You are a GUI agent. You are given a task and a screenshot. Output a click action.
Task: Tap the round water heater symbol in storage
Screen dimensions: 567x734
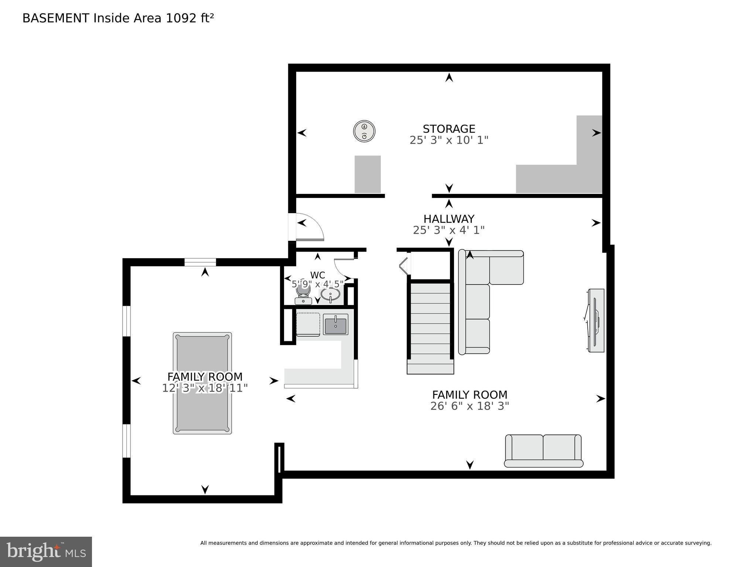(x=364, y=131)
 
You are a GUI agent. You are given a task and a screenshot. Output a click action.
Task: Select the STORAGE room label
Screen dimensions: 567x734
(x=449, y=129)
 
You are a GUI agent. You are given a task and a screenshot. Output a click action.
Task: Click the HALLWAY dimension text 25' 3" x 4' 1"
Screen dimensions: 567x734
(x=448, y=230)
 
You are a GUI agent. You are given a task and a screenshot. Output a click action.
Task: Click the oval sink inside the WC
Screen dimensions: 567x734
(x=330, y=295)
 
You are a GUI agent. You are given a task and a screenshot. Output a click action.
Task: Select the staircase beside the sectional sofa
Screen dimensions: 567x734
(x=430, y=327)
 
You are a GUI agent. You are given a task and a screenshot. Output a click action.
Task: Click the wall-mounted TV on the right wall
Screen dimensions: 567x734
(x=595, y=320)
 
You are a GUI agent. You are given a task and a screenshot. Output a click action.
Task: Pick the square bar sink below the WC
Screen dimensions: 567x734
(x=335, y=324)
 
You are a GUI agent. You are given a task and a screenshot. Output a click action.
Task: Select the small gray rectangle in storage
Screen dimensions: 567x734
(x=368, y=174)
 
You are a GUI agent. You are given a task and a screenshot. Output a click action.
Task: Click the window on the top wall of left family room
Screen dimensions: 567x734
(x=200, y=262)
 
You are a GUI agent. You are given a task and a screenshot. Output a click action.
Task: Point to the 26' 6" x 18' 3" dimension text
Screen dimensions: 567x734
(x=470, y=406)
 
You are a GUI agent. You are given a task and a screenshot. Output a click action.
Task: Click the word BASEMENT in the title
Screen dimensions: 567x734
(x=56, y=18)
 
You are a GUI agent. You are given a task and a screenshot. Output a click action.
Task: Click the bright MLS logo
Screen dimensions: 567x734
(x=46, y=551)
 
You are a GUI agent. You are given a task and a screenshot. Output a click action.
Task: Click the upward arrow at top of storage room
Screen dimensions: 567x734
(x=449, y=78)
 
